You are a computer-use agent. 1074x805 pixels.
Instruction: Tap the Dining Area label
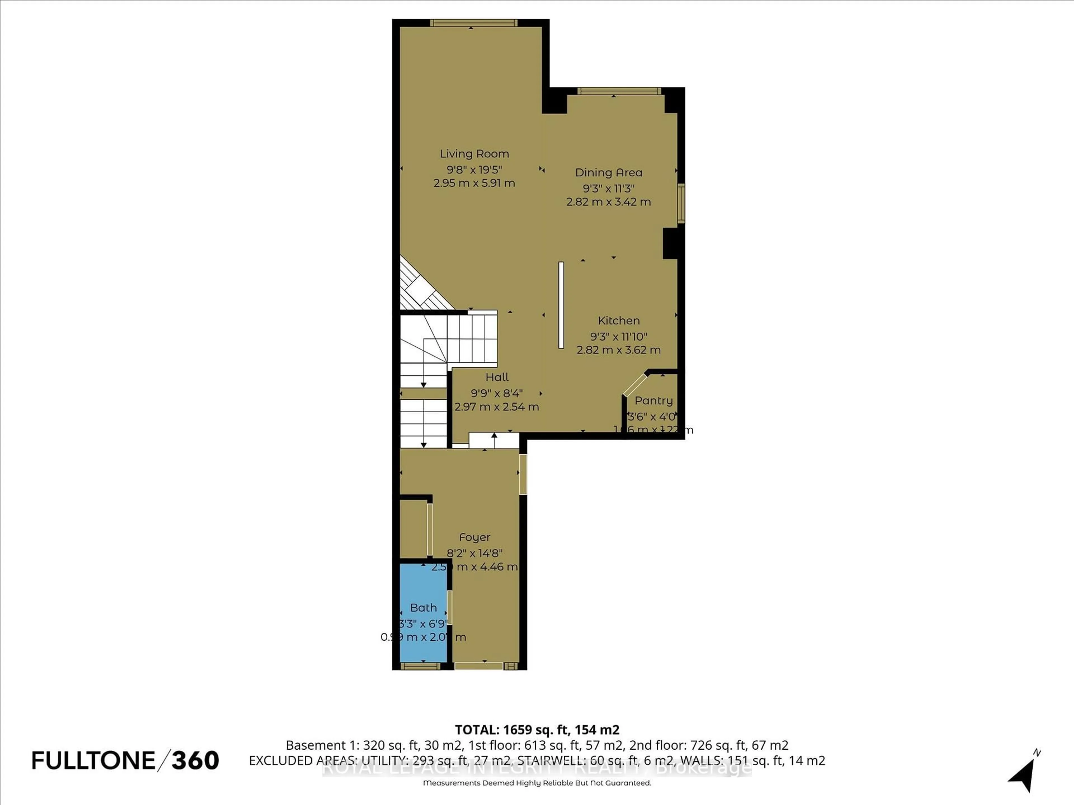point(608,172)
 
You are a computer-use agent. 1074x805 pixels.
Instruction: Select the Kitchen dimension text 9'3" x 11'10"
point(619,336)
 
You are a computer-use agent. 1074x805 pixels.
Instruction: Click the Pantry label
point(654,401)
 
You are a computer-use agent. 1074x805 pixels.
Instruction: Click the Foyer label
point(474,537)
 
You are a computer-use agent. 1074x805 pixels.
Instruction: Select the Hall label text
point(497,377)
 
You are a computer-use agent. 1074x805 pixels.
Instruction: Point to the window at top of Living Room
point(474,23)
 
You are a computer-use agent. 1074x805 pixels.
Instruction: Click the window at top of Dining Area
point(619,91)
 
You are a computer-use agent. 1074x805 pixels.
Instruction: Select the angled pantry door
point(635,385)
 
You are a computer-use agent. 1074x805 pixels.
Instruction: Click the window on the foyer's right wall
point(523,473)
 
